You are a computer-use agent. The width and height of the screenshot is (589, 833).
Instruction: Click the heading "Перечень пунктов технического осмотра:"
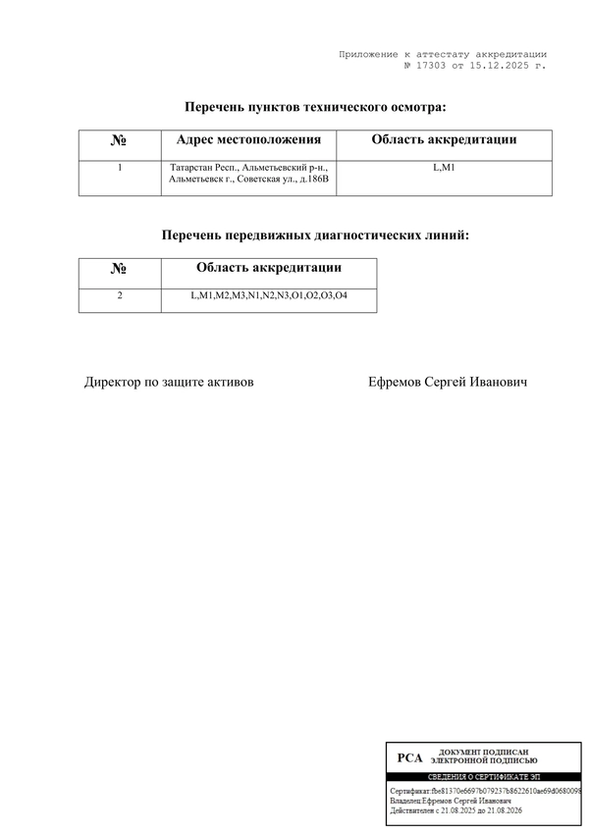(x=315, y=106)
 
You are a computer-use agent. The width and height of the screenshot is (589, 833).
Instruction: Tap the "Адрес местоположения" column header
(x=248, y=140)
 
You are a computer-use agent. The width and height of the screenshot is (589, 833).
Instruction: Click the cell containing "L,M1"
(x=444, y=168)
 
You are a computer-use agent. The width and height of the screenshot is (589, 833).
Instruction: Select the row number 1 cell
(x=120, y=168)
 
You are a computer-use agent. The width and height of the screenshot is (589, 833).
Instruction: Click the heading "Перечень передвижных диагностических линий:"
(x=315, y=235)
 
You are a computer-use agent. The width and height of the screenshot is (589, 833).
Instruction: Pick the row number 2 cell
(x=120, y=295)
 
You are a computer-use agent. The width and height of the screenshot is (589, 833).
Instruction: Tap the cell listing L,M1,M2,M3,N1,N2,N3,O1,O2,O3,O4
(x=269, y=295)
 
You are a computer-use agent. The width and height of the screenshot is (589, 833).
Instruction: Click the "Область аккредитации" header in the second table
(x=269, y=268)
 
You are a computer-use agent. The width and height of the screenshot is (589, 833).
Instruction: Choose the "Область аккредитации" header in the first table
(x=444, y=140)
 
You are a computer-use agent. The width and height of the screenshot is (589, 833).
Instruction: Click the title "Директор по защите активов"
(x=169, y=382)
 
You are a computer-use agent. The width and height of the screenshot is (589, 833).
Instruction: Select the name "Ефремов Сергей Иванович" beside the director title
(x=447, y=382)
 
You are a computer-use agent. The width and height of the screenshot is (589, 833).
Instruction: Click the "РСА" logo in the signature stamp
(x=409, y=757)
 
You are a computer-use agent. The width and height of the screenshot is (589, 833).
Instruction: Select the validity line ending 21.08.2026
(x=456, y=811)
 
